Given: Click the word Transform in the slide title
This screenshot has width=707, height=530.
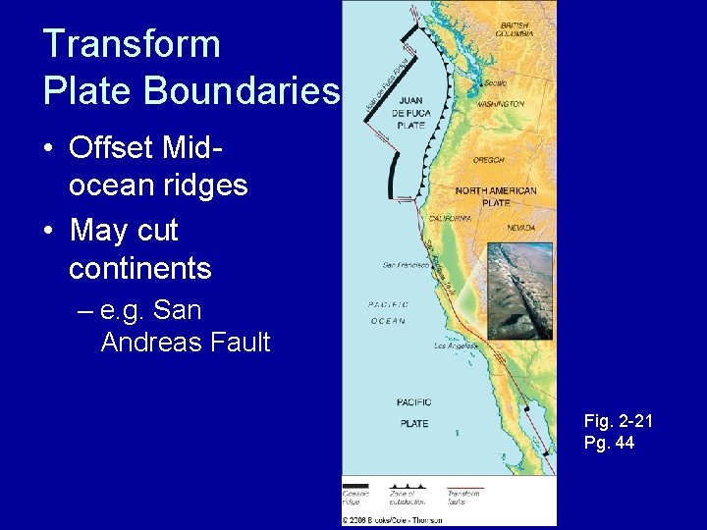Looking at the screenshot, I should (x=132, y=45).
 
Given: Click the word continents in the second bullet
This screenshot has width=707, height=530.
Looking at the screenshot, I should (x=139, y=268).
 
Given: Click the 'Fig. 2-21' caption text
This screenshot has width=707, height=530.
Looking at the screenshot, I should (x=618, y=421).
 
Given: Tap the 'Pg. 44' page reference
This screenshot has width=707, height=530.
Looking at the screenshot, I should (x=608, y=443).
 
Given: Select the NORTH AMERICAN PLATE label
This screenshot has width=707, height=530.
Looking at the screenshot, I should (x=496, y=196).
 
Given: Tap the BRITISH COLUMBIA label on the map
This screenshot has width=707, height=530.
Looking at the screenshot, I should (x=517, y=29).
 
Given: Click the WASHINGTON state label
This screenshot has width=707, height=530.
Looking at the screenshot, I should (x=501, y=103).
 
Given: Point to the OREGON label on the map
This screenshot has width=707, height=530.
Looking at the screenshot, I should (x=488, y=160).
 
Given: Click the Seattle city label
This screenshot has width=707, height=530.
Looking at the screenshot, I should (x=496, y=83).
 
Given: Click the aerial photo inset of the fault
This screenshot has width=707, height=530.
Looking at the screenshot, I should (x=519, y=291).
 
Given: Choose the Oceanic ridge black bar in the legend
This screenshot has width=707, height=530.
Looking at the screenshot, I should (x=355, y=485).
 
